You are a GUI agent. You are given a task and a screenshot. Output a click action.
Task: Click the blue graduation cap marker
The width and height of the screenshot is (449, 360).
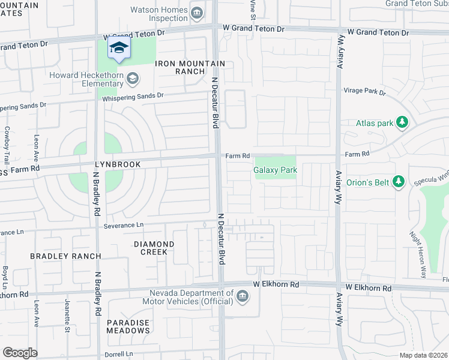click(x=119, y=48)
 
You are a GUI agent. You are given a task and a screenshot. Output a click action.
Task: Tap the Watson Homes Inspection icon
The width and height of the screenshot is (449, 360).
click(x=196, y=13)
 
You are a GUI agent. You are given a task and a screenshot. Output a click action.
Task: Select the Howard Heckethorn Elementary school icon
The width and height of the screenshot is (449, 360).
click(x=133, y=79)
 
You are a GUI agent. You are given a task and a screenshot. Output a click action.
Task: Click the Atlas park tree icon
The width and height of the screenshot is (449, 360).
click(x=403, y=124)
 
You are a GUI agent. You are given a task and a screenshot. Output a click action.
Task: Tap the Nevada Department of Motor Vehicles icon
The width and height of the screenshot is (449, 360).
click(x=242, y=296)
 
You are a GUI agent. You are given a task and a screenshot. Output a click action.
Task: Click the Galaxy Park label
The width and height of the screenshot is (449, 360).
click(x=275, y=170)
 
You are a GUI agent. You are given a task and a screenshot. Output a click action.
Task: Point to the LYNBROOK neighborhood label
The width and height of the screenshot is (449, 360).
click(x=117, y=164)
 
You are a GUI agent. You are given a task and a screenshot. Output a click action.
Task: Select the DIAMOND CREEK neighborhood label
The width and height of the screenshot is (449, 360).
click(x=154, y=248)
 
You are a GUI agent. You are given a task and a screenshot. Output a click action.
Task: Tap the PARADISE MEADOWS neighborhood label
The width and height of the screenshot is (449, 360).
click(x=128, y=326)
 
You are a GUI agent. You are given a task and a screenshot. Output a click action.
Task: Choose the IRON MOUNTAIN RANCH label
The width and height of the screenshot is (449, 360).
click(x=190, y=67)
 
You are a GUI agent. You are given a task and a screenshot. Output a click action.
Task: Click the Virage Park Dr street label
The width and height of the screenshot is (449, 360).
click(x=364, y=92)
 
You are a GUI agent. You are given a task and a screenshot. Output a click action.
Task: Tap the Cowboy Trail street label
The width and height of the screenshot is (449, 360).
click(x=7, y=145)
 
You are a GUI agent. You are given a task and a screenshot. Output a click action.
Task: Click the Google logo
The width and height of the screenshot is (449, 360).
click(x=20, y=353)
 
